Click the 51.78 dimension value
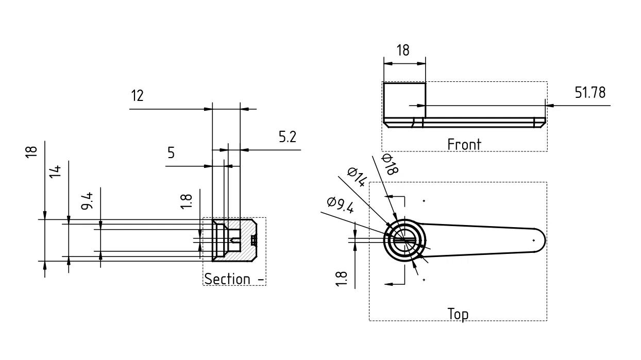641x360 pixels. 590,93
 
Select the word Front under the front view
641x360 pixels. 464,144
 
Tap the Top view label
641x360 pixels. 458,314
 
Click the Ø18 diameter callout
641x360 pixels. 390,164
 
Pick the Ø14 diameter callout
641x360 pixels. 357,177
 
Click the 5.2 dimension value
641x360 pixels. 288,136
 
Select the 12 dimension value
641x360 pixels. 137,95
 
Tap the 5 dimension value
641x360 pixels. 171,152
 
